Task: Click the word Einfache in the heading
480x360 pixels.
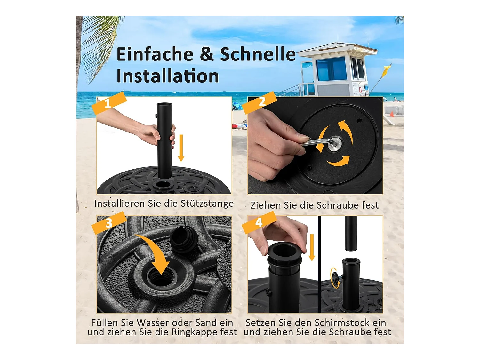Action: (155, 54)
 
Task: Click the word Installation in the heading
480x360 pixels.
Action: (167, 76)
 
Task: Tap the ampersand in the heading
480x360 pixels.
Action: (207, 54)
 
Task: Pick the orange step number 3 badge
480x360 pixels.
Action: (109, 223)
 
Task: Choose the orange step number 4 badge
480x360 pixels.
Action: (259, 222)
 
